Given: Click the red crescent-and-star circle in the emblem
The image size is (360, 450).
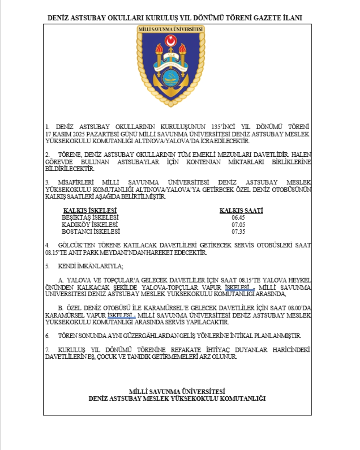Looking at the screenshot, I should (171, 40).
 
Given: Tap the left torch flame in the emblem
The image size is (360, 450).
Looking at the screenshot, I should (159, 49).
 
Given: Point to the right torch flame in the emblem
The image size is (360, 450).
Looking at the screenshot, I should (183, 49).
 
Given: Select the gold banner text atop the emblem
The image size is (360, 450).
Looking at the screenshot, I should (171, 29).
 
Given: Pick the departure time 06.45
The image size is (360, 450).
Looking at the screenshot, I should (238, 218).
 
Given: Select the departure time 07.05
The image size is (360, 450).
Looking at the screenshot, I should (238, 225).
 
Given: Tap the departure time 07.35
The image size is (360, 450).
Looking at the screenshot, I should (238, 232).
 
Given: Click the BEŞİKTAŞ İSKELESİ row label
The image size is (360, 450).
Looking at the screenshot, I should (90, 218).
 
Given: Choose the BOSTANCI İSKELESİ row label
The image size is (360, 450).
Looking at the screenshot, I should (91, 232).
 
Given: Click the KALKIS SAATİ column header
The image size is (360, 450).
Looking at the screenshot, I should (241, 211).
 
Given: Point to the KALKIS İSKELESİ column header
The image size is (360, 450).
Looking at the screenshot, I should (90, 211).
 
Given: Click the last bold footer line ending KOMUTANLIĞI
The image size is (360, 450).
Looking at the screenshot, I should (177, 398).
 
